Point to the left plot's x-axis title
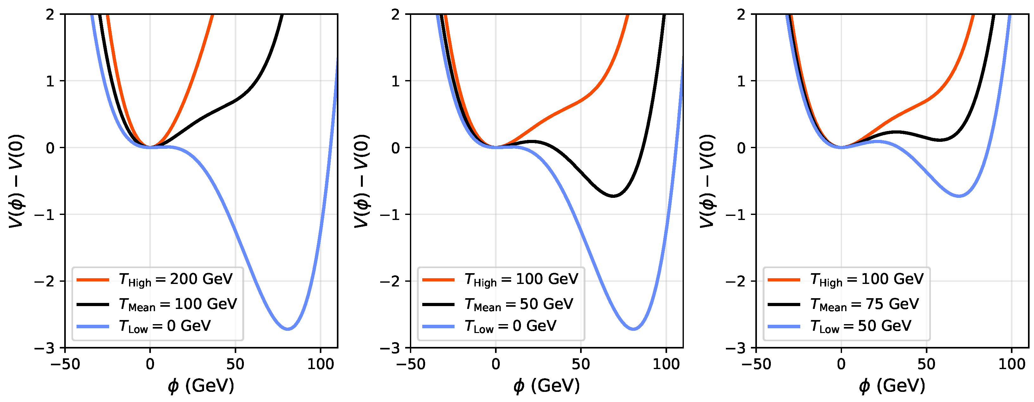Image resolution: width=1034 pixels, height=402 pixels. point(201,386)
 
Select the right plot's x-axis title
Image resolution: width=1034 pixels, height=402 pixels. point(892,386)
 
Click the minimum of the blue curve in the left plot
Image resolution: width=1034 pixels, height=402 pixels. point(288,329)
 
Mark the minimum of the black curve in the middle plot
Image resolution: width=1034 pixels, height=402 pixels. point(613,196)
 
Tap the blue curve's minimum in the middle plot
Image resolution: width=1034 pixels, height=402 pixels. point(634,329)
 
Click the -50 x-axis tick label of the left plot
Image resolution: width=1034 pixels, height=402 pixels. point(65,365)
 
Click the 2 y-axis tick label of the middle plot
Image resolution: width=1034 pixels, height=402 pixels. point(396,15)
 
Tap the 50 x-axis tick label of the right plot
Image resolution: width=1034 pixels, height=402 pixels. point(926,365)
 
